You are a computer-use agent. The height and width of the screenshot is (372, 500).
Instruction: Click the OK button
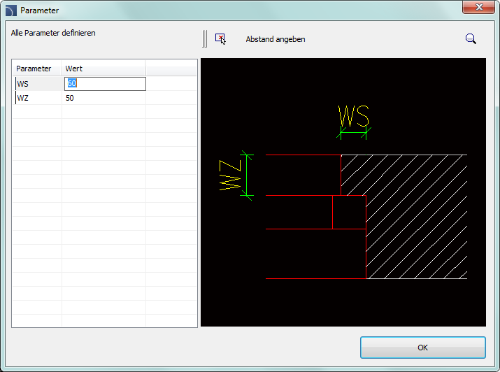422,347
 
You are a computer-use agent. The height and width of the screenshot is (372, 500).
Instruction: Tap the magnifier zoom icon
471,39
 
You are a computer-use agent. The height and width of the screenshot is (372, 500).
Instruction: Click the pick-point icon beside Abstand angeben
221,39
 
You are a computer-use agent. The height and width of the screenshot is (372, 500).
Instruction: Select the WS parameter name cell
38,84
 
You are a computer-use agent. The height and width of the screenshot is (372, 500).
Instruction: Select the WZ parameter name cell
38,98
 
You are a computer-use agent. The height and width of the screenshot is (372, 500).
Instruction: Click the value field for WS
105,84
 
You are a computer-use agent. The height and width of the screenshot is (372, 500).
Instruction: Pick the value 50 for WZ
70,98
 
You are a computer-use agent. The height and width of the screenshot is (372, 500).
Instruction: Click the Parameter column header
34,69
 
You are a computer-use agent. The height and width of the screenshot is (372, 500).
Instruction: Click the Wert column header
74,69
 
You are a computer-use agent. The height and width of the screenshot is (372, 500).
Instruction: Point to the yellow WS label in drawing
353,115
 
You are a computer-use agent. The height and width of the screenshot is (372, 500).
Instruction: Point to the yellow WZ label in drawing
229,175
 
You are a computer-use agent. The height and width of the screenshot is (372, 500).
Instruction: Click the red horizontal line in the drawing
315,278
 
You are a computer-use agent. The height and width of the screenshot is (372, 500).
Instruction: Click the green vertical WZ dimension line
245,175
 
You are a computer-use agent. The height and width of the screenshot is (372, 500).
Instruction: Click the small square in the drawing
349,212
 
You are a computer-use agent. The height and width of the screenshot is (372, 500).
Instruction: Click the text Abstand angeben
276,39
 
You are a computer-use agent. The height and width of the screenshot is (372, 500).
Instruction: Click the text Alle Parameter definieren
53,33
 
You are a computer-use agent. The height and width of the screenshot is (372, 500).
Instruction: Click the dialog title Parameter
40,10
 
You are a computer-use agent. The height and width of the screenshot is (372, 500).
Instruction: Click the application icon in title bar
10,10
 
